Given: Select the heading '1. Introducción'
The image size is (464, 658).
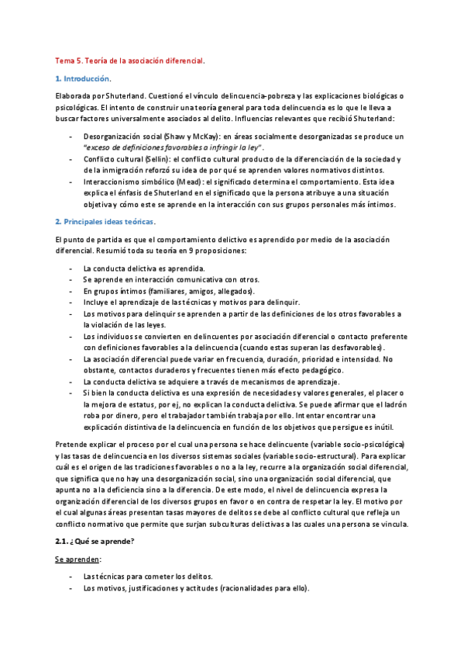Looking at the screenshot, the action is coord(84,78).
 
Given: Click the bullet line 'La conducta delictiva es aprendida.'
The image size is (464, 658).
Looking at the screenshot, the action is coord(133,268).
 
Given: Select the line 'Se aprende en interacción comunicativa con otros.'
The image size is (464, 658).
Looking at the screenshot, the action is coord(171,279).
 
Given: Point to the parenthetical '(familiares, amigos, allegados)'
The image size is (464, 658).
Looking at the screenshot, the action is coord(195,290).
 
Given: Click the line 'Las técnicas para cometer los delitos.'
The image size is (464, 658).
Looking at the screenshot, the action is coord(147,577).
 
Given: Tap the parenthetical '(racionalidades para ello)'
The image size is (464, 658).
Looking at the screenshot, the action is coord(263,588).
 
